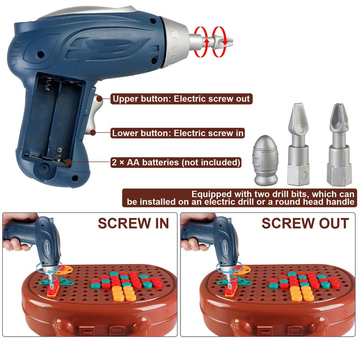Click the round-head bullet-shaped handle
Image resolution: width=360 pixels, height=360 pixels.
pyautogui.click(x=265, y=160)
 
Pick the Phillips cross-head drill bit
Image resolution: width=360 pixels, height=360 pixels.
pyautogui.click(x=339, y=144)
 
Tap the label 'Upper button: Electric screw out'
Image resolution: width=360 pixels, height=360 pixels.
pyautogui.click(x=181, y=99)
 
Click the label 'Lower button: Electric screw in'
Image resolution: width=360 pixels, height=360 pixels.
pyautogui.click(x=177, y=133)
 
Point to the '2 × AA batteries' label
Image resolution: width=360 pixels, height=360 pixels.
pyautogui.click(x=176, y=162)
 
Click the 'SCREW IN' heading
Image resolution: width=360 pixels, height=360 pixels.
pyautogui.click(x=133, y=223)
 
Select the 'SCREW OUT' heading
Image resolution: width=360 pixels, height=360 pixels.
pyautogui.click(x=305, y=223)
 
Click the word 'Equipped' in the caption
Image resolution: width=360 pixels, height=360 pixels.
pyautogui.click(x=211, y=194)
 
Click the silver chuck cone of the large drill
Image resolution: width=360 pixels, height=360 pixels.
pyautogui.click(x=175, y=42)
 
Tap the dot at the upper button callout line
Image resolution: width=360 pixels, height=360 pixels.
pyautogui.click(x=99, y=99)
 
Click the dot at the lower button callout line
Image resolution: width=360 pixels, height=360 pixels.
pyautogui.click(x=93, y=133)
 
